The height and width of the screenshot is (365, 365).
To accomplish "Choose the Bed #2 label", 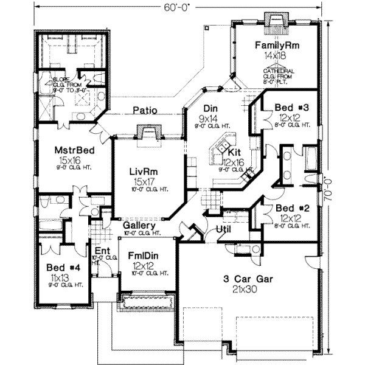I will click(291, 207).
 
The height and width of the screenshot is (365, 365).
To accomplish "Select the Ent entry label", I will click(101, 250).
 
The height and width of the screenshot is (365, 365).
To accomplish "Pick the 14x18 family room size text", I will click(275, 55).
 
